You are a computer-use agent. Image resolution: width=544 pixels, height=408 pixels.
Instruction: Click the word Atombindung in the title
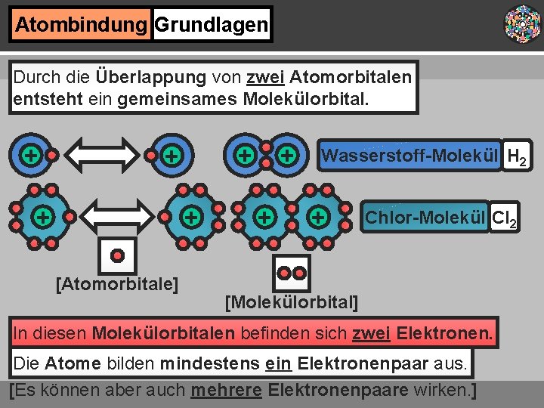[x=81, y=25]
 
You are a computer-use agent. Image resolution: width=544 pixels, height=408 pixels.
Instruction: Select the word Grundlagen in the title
[x=212, y=25]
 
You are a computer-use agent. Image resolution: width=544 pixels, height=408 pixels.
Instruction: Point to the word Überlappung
[x=151, y=77]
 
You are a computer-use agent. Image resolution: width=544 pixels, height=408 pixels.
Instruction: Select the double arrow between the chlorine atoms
[x=117, y=216]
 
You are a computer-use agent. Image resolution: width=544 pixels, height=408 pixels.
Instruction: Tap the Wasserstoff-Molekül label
[x=410, y=156]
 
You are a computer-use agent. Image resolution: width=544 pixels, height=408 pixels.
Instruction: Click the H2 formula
[x=518, y=158]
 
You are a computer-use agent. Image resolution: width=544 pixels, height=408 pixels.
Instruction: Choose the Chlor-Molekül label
[x=425, y=218]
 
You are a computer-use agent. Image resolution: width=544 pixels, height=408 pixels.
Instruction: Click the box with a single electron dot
[x=118, y=256]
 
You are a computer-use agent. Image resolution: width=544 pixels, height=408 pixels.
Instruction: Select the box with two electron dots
[x=292, y=271]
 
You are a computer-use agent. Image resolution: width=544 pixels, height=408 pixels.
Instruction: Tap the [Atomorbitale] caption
[x=117, y=284]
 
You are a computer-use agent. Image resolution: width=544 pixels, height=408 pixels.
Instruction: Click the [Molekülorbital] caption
[x=292, y=303]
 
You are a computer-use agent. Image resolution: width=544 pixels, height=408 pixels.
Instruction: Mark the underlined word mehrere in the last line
[x=224, y=391]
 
